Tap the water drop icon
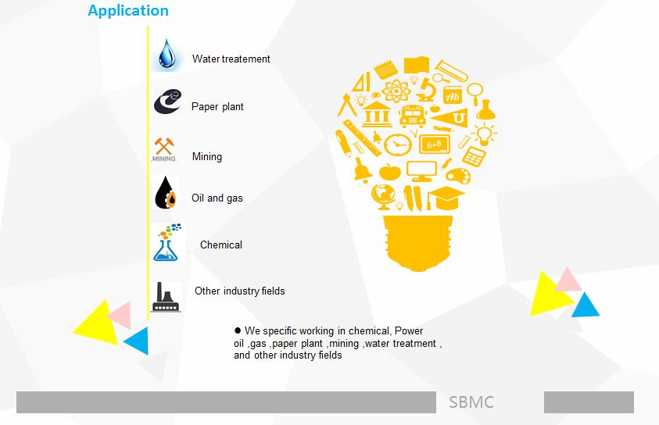(x=167, y=54)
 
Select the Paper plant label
(x=217, y=107)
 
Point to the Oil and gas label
(x=217, y=198)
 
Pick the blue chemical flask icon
(x=167, y=243)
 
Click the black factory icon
(x=167, y=298)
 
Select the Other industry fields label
(x=239, y=291)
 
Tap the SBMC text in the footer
(x=471, y=402)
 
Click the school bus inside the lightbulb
(x=413, y=116)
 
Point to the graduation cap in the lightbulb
(x=445, y=198)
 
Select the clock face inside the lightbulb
(x=398, y=145)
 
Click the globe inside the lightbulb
(x=383, y=196)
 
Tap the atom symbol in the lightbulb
(x=396, y=91)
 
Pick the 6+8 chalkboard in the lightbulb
(x=435, y=145)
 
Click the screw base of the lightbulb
(x=418, y=243)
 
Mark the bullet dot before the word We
(x=238, y=330)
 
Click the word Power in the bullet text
(x=409, y=331)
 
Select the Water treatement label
(x=231, y=59)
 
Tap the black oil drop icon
(x=166, y=193)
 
